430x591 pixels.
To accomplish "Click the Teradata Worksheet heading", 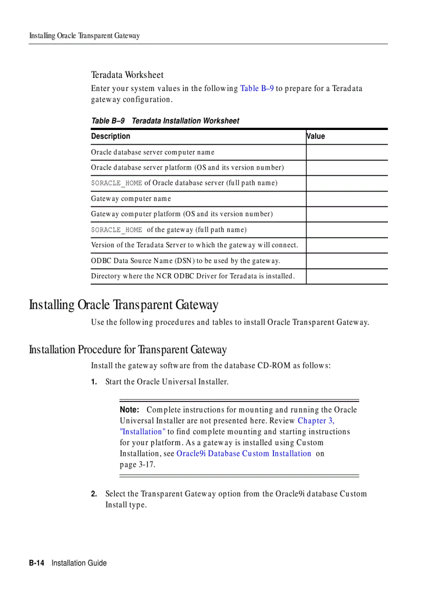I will pyautogui.click(x=127, y=75).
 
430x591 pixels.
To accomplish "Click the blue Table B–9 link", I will pyautogui.click(x=257, y=88).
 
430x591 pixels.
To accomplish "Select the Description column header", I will pyautogui.click(x=111, y=136).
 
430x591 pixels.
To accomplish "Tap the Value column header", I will pyautogui.click(x=316, y=136).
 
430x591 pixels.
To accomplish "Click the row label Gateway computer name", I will pyautogui.click(x=131, y=199).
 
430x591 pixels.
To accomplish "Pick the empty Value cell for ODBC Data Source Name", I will pyautogui.click(x=346, y=261).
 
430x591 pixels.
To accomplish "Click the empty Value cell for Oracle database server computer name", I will pyautogui.click(x=346, y=153).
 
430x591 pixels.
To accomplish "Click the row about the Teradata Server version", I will pyautogui.click(x=194, y=245).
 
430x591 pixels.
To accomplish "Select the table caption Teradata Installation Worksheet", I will pyautogui.click(x=185, y=121).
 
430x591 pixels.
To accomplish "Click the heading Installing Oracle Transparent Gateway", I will pyautogui.click(x=123, y=305).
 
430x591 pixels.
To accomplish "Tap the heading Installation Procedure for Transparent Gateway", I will pyautogui.click(x=128, y=349).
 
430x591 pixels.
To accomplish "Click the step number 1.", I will pyautogui.click(x=94, y=382).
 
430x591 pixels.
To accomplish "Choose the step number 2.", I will pyautogui.click(x=94, y=494).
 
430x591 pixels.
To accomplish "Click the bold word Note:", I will pyautogui.click(x=129, y=410).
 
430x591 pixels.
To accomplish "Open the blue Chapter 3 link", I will pyautogui.click(x=316, y=420).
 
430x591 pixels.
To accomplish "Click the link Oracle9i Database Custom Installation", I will pyautogui.click(x=243, y=454).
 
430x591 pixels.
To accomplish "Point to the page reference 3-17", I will pyautogui.click(x=147, y=465).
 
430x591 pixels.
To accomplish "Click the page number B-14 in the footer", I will pyautogui.click(x=37, y=563).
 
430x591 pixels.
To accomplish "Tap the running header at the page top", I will pyautogui.click(x=84, y=36).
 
